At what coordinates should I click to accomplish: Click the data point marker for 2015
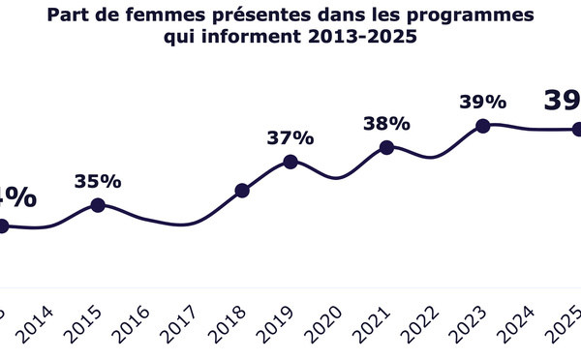(x=97, y=204)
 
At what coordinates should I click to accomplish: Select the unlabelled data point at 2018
(x=242, y=191)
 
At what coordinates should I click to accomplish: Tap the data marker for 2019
(x=290, y=162)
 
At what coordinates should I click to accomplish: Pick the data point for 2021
(x=386, y=147)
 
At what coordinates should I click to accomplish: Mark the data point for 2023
(x=483, y=125)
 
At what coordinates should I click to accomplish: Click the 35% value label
(x=97, y=181)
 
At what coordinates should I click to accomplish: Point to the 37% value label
(x=290, y=138)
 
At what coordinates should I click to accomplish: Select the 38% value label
(x=386, y=124)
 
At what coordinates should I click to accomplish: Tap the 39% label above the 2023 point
(x=483, y=102)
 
